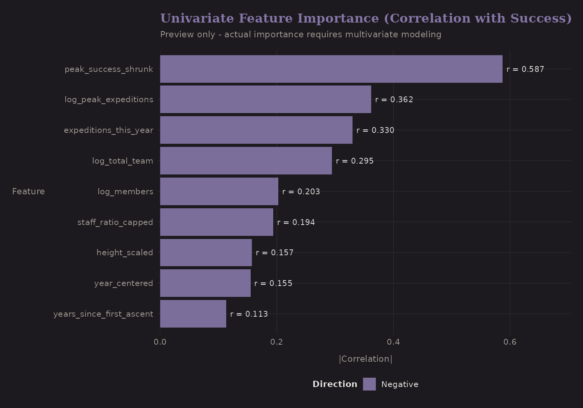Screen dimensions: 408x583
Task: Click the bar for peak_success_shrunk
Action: (331, 69)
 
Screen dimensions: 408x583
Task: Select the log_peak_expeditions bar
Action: (265, 99)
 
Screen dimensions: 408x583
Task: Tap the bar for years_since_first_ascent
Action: (193, 314)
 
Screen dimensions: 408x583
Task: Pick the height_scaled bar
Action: (206, 253)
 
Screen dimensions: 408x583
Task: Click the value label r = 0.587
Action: (525, 69)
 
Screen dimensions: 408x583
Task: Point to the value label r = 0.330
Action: (375, 130)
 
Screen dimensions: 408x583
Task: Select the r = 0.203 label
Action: (301, 192)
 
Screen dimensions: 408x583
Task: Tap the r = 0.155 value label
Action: (273, 283)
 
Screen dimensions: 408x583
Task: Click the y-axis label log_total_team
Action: (122, 161)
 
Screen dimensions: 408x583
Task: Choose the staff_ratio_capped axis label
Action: (115, 222)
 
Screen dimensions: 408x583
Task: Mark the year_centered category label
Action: (124, 283)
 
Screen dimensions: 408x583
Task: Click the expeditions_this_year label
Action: (108, 130)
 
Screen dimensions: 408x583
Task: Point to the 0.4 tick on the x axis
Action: (393, 342)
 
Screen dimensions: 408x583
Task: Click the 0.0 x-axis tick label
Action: (160, 342)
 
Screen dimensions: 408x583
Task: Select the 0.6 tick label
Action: (510, 342)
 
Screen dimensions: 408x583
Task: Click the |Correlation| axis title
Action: (365, 359)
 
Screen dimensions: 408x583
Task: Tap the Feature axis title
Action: (28, 192)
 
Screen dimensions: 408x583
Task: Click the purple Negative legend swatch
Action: (369, 384)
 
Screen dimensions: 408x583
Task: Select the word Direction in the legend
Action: (335, 384)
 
